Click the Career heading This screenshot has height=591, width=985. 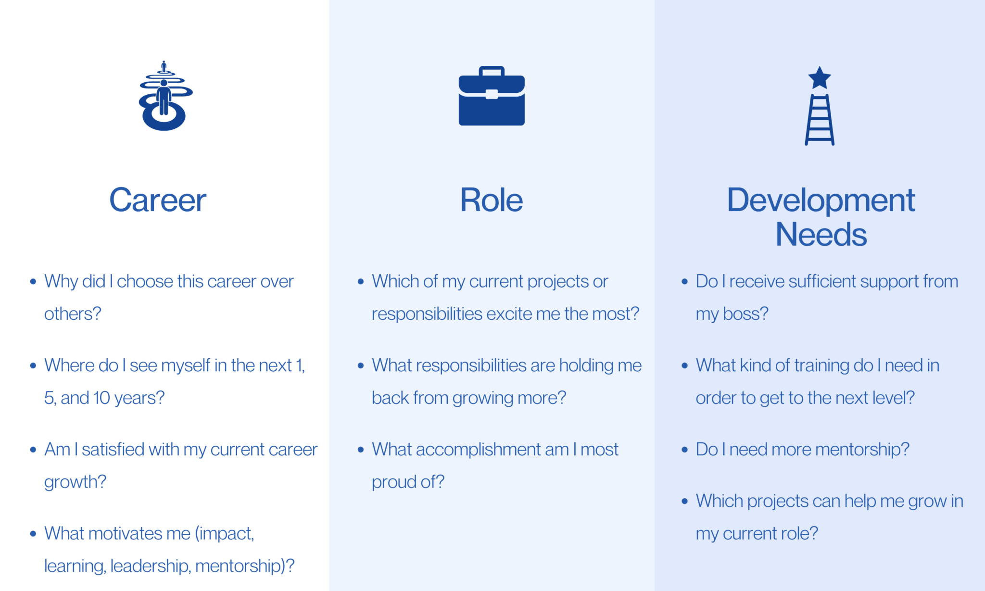click(x=157, y=200)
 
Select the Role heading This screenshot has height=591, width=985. click(x=491, y=200)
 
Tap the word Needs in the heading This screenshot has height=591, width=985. click(x=821, y=235)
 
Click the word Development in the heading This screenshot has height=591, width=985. click(x=821, y=200)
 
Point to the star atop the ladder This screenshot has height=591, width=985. click(x=820, y=78)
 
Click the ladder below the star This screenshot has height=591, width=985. click(x=820, y=120)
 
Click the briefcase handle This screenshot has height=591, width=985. click(x=492, y=71)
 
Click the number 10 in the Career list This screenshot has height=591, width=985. click(x=101, y=398)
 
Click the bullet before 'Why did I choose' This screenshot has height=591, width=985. click(x=33, y=282)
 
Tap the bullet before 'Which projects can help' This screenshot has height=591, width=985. click(x=685, y=502)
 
